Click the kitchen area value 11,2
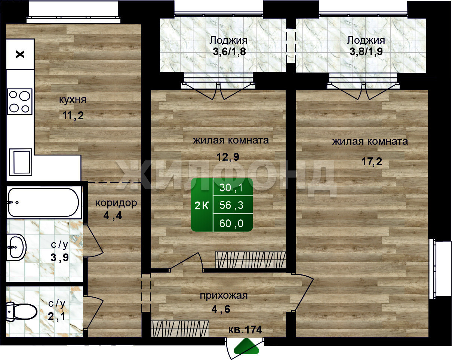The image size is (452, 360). pyautogui.click(x=73, y=116)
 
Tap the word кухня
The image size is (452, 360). pyautogui.click(x=73, y=99)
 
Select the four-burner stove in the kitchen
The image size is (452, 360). pyautogui.click(x=20, y=101)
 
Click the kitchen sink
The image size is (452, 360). pyautogui.click(x=20, y=162)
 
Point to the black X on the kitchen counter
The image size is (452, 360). pyautogui.click(x=20, y=55)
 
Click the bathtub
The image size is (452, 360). pyautogui.click(x=43, y=202)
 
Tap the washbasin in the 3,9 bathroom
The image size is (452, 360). pyautogui.click(x=16, y=247)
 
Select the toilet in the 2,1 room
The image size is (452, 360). pyautogui.click(x=21, y=311)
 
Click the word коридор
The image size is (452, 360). pyautogui.click(x=116, y=203)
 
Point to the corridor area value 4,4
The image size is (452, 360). pyautogui.click(x=113, y=216)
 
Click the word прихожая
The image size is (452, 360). pyautogui.click(x=224, y=296)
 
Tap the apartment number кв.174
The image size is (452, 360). pyautogui.click(x=245, y=330)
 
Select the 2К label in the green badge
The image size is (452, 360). pyautogui.click(x=202, y=206)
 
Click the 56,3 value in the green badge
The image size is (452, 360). pyautogui.click(x=231, y=205)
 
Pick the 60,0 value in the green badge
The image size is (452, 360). pyautogui.click(x=231, y=224)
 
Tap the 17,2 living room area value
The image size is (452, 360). pyautogui.click(x=372, y=161)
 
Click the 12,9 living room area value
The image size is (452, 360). pyautogui.click(x=228, y=157)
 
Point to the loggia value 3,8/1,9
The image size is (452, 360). pyautogui.click(x=366, y=52)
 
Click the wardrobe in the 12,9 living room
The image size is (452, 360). pyautogui.click(x=250, y=259)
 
